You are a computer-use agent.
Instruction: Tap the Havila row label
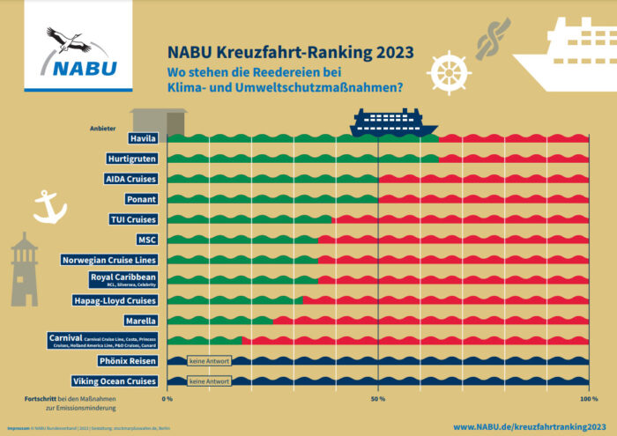click(142, 139)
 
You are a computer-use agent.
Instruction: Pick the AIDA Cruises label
click(131, 179)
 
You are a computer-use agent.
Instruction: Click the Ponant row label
click(142, 199)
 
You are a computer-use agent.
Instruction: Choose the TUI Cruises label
click(134, 219)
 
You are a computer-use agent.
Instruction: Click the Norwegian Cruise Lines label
click(109, 260)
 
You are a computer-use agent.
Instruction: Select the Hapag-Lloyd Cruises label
click(115, 300)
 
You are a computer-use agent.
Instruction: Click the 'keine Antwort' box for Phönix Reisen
click(209, 361)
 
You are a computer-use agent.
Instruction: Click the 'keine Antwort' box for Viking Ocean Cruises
click(209, 381)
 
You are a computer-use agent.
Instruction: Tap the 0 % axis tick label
click(167, 398)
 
